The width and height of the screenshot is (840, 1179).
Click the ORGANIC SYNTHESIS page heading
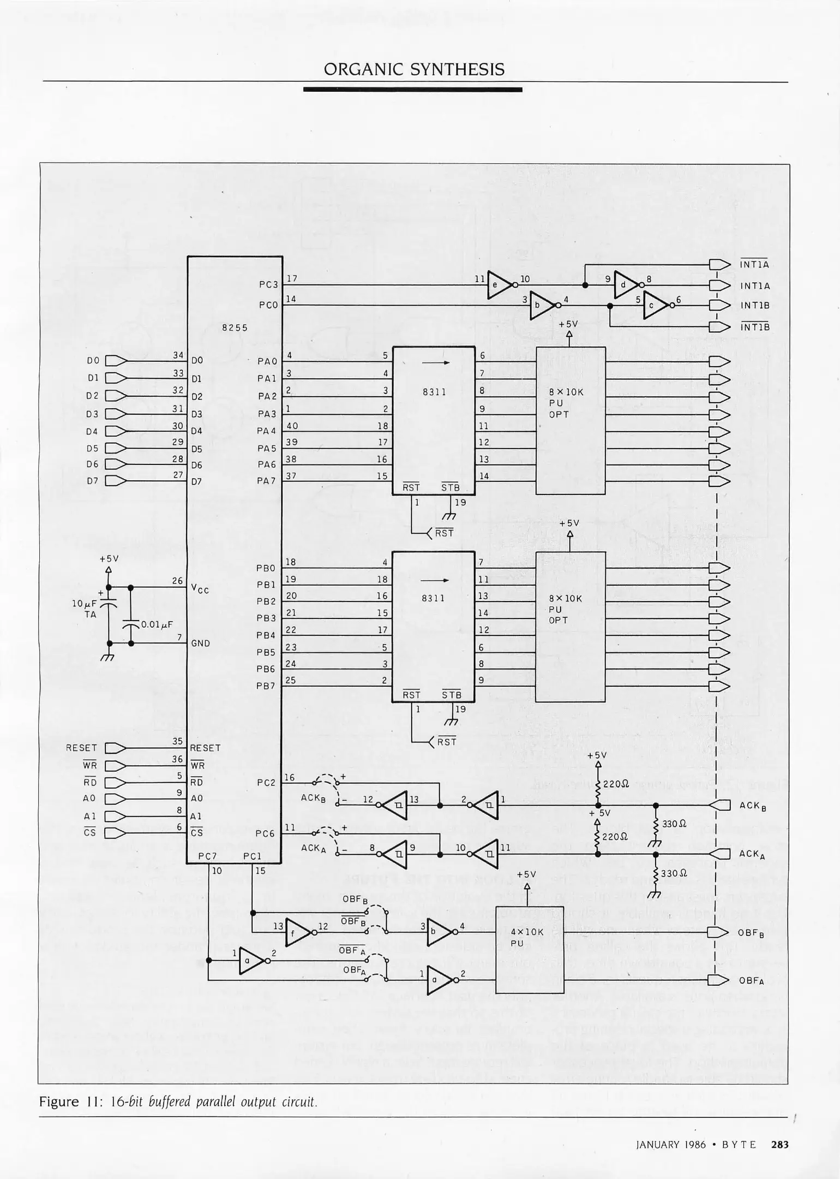414,69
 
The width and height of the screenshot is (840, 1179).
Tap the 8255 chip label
235,327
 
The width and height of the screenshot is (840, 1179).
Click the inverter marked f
297,933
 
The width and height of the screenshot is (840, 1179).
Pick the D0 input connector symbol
115,360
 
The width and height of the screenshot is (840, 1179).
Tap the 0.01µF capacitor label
157,624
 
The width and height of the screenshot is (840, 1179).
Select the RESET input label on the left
81,748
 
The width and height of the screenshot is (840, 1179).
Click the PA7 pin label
266,481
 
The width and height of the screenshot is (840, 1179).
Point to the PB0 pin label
266,568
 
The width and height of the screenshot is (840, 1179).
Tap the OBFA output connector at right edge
719,980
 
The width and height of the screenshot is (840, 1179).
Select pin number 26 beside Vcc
178,581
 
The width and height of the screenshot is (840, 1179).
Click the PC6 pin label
265,833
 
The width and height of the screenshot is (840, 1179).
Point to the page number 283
779,1145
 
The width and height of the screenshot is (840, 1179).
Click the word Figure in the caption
59,1101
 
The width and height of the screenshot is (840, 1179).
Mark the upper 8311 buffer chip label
434,392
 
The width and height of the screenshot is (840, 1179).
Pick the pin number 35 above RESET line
178,741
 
